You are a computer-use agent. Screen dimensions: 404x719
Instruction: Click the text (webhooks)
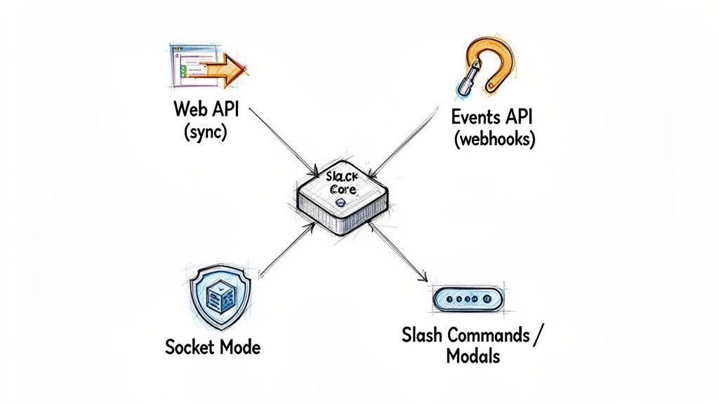click(494, 139)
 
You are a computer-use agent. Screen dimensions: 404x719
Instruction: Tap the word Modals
click(473, 356)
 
